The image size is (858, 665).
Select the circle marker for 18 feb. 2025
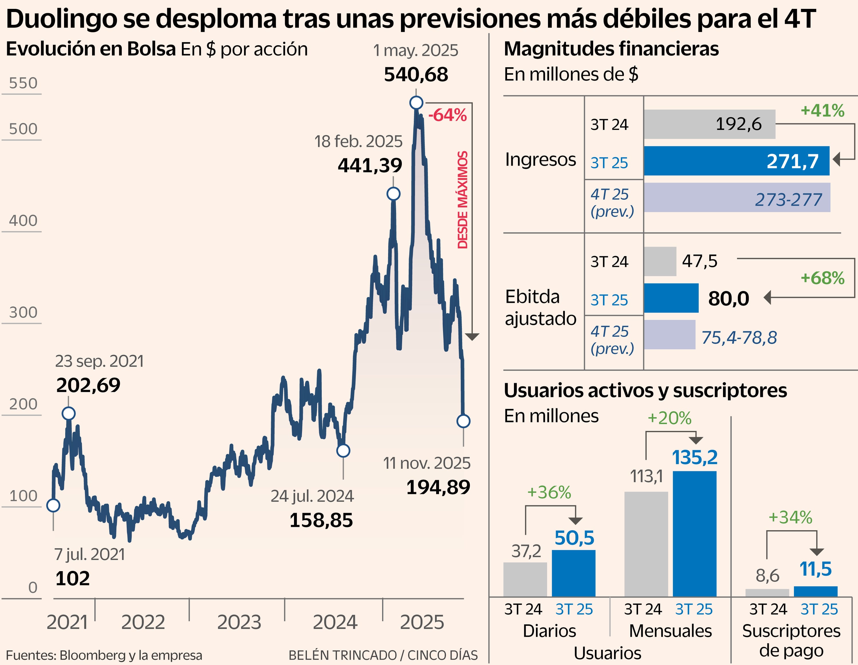[x=393, y=194]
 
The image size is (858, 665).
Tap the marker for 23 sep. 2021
[x=69, y=413]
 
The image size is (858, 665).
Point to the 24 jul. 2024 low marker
[x=343, y=450]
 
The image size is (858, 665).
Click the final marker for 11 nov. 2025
[x=463, y=421]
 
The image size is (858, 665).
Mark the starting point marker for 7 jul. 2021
[x=53, y=505]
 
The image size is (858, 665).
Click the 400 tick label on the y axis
[x=23, y=221]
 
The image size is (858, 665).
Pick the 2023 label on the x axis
[x=239, y=622]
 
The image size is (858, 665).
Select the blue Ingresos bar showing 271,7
[x=736, y=161]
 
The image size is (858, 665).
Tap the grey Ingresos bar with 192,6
[x=709, y=124]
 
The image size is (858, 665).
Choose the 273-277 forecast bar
[x=737, y=198]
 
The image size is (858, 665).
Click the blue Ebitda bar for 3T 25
[x=671, y=298]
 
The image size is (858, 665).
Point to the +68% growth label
[x=822, y=278]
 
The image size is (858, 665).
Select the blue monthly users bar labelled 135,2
[x=694, y=534]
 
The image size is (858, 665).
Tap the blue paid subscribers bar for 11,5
[x=816, y=591]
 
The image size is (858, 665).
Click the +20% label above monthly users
[x=669, y=418]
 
